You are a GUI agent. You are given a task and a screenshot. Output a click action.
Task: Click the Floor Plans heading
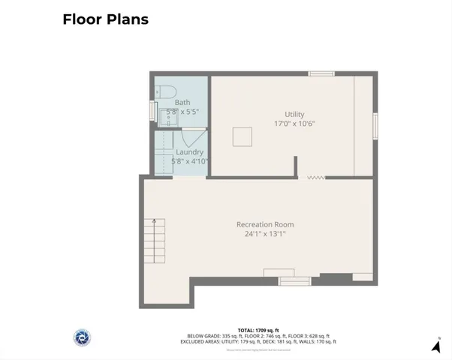(105, 19)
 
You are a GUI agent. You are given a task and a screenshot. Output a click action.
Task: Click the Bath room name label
(182, 103)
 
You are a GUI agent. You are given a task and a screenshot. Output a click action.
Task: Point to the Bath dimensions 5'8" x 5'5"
(182, 112)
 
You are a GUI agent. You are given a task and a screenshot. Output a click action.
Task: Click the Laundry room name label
(189, 151)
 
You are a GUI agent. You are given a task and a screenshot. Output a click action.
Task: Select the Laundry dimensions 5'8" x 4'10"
(190, 160)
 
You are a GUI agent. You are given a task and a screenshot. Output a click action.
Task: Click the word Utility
(294, 114)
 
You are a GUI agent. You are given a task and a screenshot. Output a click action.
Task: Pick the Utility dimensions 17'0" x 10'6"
(294, 124)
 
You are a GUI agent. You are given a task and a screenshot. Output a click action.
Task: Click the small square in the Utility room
(242, 137)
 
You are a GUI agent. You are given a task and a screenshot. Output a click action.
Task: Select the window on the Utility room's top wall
(321, 73)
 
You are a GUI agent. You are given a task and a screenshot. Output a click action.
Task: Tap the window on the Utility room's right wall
(375, 125)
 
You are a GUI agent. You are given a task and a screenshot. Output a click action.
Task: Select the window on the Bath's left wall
(152, 111)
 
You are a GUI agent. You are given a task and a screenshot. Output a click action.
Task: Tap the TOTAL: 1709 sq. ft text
(258, 330)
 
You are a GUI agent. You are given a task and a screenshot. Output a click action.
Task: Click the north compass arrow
(436, 345)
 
